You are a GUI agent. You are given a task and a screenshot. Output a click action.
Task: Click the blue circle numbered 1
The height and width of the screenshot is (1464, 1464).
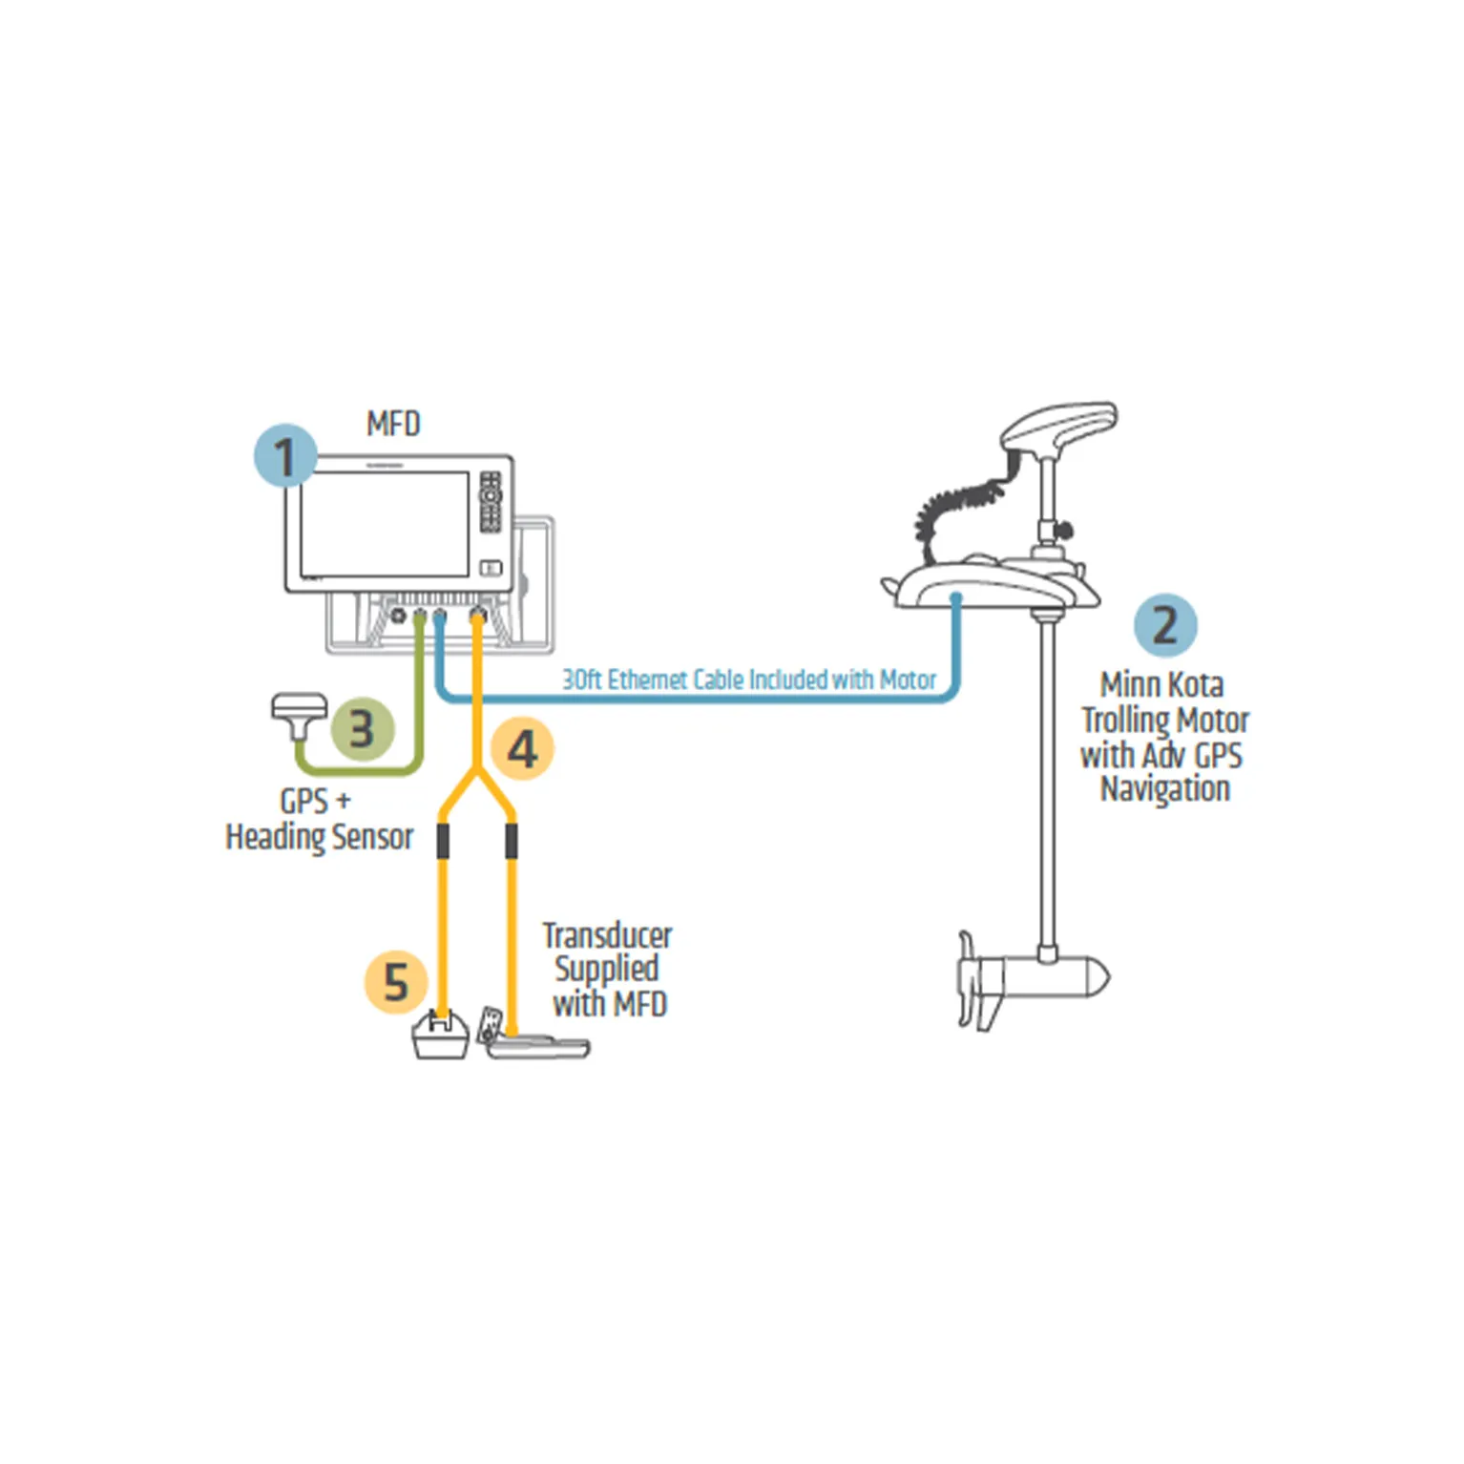(x=285, y=456)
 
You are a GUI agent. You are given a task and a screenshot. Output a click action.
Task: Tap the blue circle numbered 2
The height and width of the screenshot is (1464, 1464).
(x=1164, y=625)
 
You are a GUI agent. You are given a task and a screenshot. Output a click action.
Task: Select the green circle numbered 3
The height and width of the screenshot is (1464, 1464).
(x=362, y=729)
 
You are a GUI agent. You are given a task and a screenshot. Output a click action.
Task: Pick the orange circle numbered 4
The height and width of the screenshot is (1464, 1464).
(x=522, y=749)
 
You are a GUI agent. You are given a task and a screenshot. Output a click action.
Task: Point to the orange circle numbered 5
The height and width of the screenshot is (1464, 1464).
(x=396, y=981)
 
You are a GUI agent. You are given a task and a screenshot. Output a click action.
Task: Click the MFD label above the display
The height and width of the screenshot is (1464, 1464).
(x=393, y=424)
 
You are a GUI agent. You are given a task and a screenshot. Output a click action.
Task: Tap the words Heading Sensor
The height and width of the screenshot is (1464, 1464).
(x=320, y=837)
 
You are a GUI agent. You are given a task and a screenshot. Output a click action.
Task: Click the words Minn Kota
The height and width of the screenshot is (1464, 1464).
(x=1161, y=685)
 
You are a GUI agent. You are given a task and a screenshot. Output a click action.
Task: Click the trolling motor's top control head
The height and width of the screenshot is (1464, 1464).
(x=1059, y=426)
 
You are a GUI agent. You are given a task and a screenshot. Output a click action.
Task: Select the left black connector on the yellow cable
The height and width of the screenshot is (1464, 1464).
(x=443, y=841)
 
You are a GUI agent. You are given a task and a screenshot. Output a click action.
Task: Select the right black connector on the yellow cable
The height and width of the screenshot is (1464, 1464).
(x=512, y=841)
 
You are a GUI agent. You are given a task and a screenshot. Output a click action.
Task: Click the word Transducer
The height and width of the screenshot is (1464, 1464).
(x=607, y=935)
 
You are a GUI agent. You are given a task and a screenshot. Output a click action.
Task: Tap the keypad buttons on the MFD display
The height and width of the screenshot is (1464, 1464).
(x=491, y=500)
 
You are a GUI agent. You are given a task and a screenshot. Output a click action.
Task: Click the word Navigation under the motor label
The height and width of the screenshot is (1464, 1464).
(x=1165, y=789)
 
